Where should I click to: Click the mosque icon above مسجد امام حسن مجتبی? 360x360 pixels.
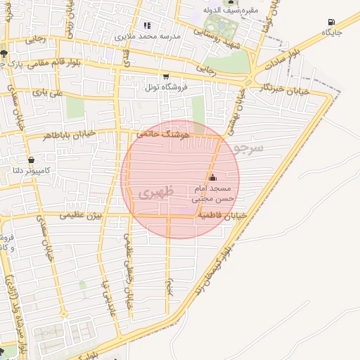[x=212, y=178]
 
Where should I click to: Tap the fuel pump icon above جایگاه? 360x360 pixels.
[x=331, y=22]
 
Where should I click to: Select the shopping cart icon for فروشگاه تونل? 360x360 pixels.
[x=165, y=77]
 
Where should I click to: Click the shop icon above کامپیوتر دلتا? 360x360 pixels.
[x=31, y=160]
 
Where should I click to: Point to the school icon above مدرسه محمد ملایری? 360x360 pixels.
[x=147, y=25]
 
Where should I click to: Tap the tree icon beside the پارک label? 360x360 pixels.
[x=4, y=53]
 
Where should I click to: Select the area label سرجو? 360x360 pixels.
[x=250, y=148]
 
